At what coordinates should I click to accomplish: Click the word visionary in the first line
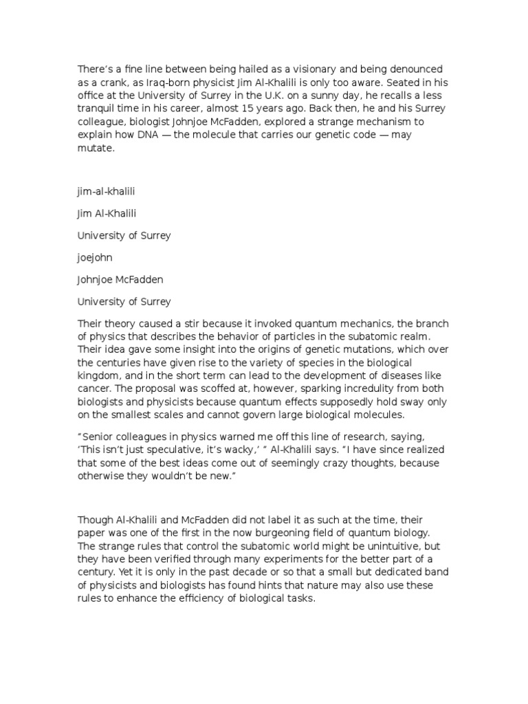click(x=323, y=69)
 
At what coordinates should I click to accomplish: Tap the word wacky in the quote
click(x=243, y=450)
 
